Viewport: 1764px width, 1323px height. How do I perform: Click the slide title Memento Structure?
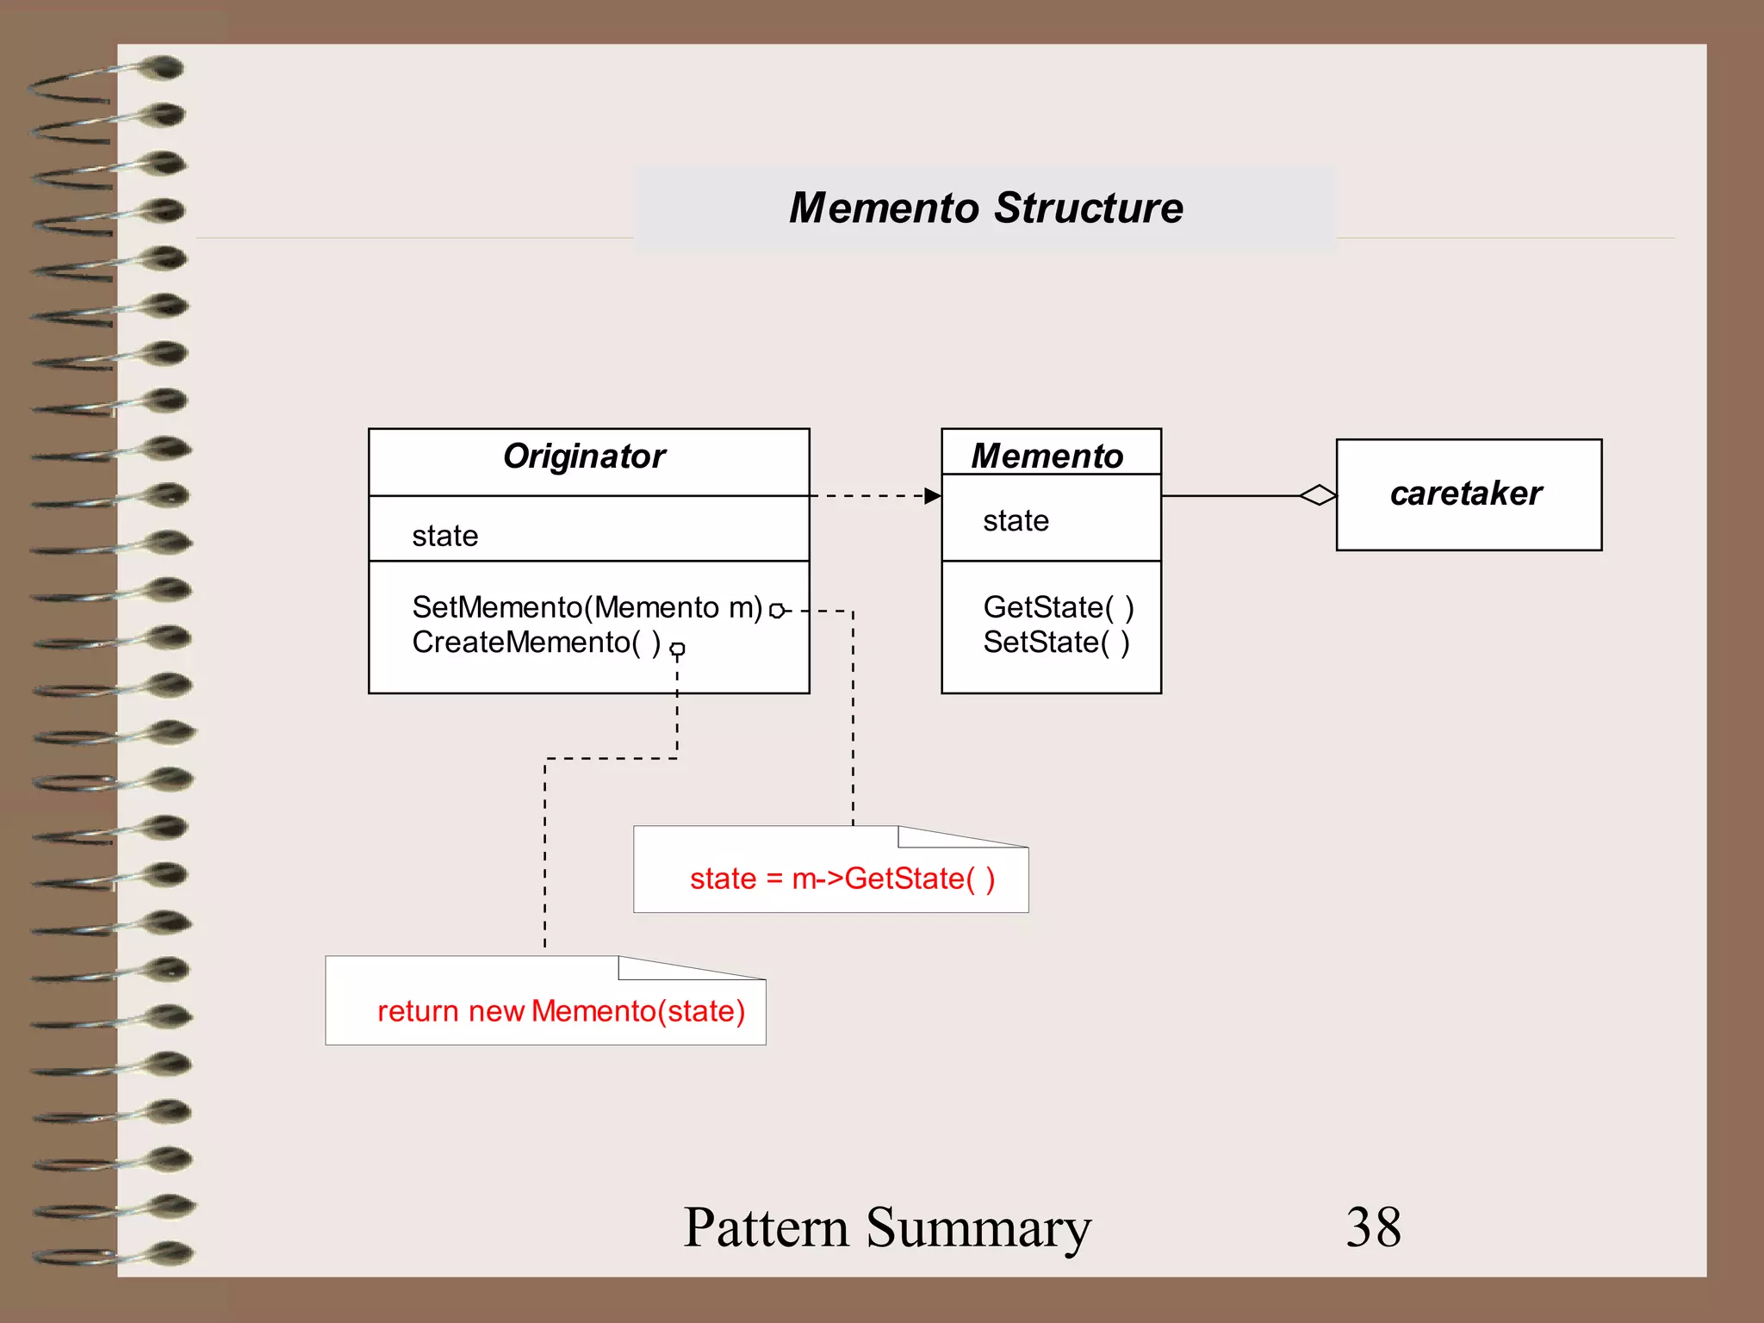(985, 208)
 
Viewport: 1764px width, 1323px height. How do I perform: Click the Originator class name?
(584, 457)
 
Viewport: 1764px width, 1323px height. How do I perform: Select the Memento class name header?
(1047, 456)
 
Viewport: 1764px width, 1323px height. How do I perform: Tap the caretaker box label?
(1466, 494)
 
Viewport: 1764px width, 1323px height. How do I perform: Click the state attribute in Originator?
(444, 536)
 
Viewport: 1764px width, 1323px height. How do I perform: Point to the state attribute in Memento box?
(1016, 521)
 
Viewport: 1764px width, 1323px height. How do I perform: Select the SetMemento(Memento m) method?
(587, 607)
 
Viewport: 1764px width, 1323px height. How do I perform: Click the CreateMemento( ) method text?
(536, 643)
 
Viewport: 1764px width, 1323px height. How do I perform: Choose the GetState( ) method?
(1058, 607)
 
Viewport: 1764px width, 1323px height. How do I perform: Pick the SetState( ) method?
(1056, 643)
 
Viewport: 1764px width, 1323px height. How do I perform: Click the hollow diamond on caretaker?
(1318, 495)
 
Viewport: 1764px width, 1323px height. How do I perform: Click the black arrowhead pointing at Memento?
(932, 495)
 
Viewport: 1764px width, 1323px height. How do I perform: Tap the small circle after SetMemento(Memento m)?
(776, 611)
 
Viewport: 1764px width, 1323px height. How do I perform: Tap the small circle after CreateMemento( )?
(678, 649)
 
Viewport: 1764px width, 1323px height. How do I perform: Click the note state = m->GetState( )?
(842, 879)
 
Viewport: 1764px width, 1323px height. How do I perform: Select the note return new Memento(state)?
(561, 1011)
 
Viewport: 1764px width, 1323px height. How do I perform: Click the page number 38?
(1373, 1227)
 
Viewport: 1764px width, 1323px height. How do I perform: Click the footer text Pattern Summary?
(886, 1227)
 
